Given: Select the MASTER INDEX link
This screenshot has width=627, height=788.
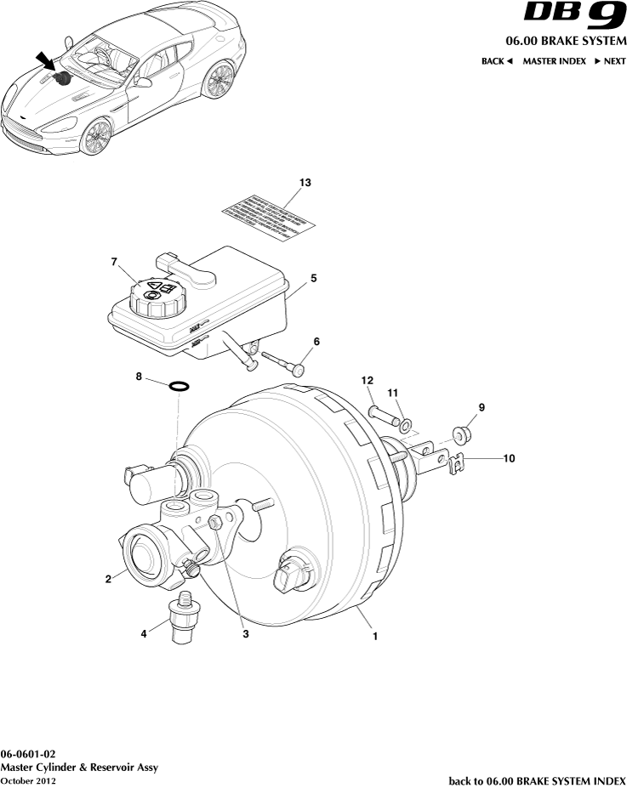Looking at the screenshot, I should (x=554, y=61).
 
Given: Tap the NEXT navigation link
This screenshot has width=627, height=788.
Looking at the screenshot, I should (x=610, y=61).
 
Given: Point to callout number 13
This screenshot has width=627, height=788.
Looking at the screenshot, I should (x=305, y=183).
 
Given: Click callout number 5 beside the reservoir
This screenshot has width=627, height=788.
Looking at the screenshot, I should (x=313, y=278).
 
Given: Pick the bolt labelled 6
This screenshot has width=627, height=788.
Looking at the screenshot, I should (x=282, y=364).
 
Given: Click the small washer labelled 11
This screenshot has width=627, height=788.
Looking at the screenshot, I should (x=407, y=422).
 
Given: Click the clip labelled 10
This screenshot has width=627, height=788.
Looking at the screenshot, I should (x=459, y=462).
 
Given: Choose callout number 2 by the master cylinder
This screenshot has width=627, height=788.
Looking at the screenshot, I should (x=108, y=581).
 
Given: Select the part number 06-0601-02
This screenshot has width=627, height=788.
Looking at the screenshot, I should (x=29, y=755).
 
